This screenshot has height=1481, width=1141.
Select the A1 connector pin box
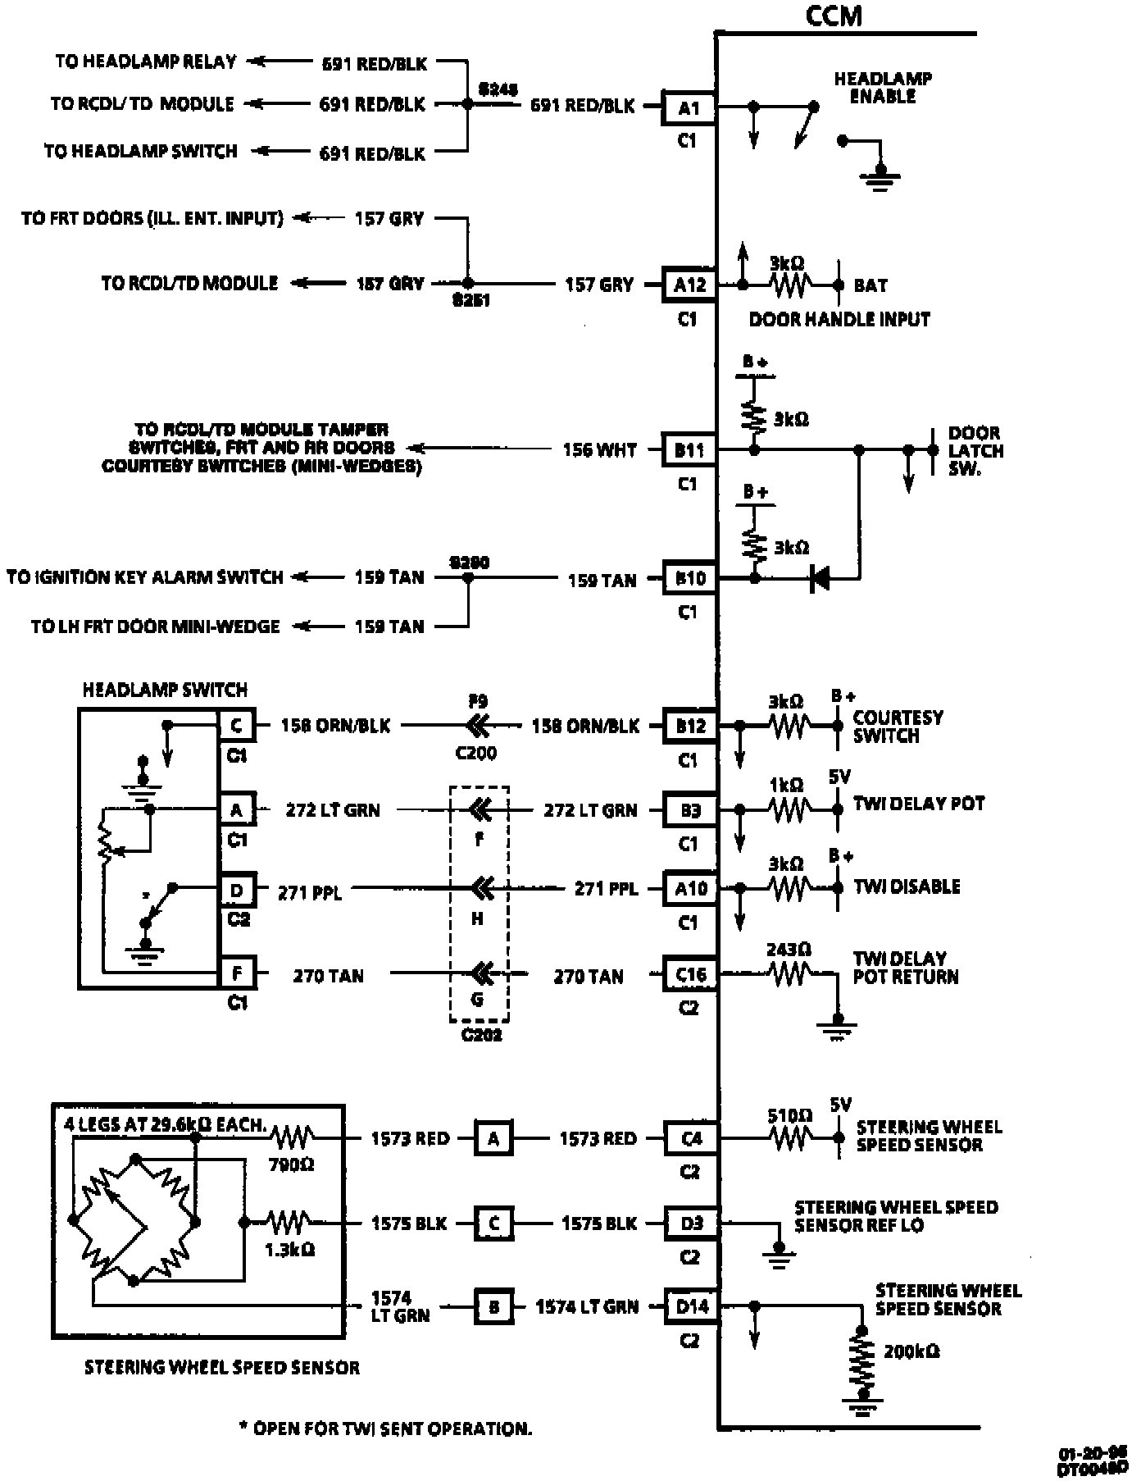(689, 107)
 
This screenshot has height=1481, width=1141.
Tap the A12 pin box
(689, 285)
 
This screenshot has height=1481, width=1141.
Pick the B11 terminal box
(689, 449)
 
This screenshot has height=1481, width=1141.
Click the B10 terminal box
(689, 579)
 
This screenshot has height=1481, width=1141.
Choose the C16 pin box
(690, 974)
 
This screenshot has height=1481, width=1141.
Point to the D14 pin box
(690, 1306)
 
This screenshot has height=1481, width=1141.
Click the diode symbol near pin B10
(818, 579)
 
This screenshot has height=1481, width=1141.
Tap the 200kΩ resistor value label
(911, 1351)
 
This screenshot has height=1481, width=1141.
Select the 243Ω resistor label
(788, 950)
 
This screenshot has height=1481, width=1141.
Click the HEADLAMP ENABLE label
(882, 88)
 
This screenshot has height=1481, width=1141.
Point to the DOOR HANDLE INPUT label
(839, 319)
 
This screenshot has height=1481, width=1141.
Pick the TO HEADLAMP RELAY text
(146, 62)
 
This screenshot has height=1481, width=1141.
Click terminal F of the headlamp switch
(237, 974)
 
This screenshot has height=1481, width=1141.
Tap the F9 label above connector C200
(478, 703)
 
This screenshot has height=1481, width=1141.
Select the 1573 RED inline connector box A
(493, 1138)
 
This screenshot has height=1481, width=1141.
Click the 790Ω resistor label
(292, 1164)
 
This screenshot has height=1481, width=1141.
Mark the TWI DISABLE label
(907, 886)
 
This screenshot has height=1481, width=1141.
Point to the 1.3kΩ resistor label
(290, 1249)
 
